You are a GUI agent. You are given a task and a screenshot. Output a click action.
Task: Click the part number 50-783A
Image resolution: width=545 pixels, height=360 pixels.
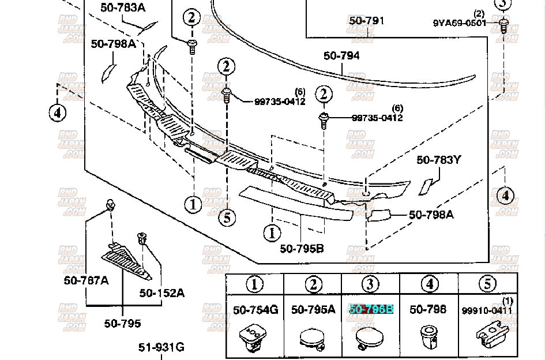tap(123, 7)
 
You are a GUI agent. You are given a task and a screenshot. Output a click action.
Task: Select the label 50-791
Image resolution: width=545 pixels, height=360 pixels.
tap(366, 21)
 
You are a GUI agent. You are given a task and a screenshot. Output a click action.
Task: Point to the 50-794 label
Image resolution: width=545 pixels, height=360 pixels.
tap(341, 55)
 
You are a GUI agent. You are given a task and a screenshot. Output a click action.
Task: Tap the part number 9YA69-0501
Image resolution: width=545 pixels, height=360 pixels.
tap(459, 23)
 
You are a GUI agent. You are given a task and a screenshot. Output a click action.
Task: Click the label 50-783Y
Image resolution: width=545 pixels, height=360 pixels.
tap(439, 160)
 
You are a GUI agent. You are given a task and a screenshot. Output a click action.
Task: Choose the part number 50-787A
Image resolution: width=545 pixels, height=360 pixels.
tap(86, 281)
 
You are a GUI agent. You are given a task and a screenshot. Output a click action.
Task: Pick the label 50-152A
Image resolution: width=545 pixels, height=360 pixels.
tap(162, 293)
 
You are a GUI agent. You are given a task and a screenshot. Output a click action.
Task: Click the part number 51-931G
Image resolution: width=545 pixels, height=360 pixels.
tap(161, 347)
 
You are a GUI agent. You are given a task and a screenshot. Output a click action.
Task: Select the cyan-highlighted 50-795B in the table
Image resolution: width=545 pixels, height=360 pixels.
tap(371, 310)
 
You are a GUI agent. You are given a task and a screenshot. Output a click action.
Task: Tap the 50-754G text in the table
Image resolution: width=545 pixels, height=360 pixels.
tap(255, 310)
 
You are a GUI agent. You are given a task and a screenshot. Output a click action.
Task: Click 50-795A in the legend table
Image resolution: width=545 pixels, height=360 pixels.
tap(313, 310)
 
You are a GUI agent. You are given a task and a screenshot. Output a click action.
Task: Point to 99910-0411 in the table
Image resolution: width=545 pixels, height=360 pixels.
tap(487, 310)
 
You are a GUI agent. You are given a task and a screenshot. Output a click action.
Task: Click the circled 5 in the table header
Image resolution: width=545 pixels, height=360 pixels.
tap(487, 284)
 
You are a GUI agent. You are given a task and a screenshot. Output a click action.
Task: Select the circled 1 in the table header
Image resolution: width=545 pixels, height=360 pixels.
tap(255, 284)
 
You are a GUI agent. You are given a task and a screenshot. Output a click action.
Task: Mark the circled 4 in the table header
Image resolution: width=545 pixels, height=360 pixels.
tap(429, 284)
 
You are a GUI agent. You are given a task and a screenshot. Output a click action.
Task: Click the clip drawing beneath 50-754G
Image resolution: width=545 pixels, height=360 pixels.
tap(255, 338)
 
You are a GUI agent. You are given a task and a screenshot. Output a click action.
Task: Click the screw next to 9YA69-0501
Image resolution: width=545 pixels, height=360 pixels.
tap(504, 25)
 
